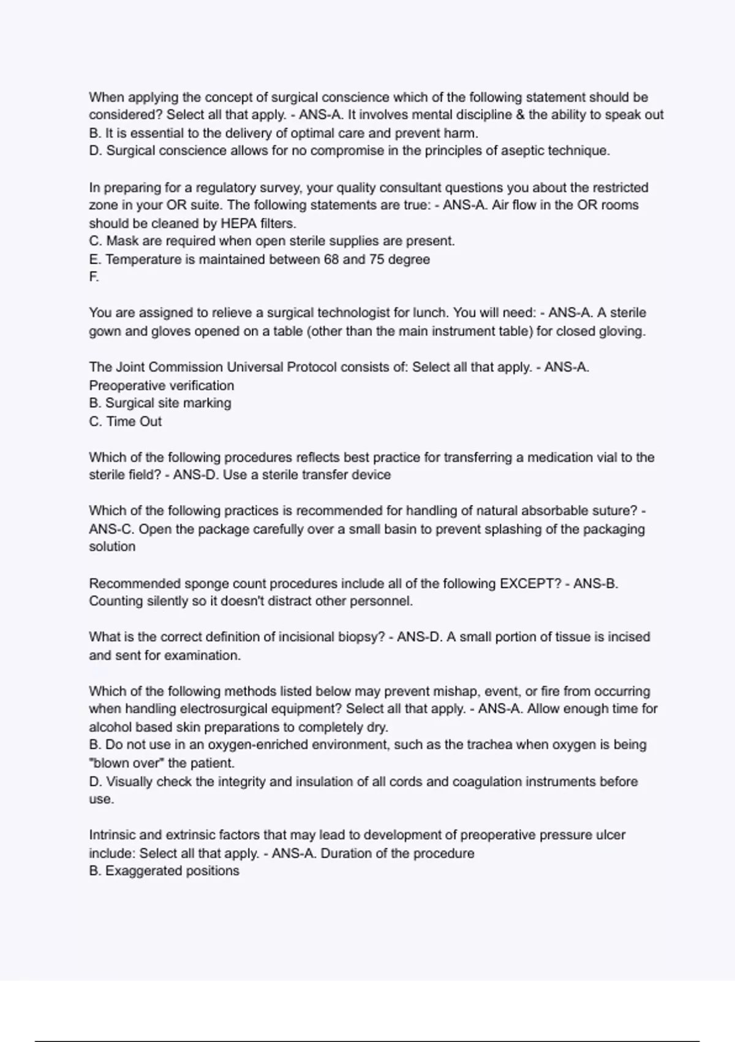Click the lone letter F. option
94,277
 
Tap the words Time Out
134,421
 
